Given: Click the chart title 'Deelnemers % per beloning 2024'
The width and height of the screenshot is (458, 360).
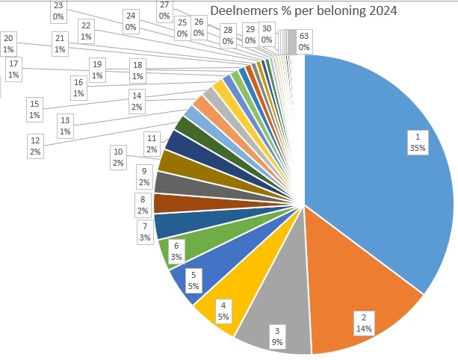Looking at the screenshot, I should pyautogui.click(x=303, y=12).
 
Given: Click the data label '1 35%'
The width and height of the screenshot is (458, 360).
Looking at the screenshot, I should pyautogui.click(x=417, y=141).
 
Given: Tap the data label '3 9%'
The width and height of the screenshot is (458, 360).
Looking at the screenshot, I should pyautogui.click(x=276, y=336).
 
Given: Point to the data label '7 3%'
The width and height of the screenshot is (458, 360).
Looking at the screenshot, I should pyautogui.click(x=144, y=231).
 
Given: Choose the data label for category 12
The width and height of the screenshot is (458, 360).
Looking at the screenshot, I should pyautogui.click(x=35, y=145).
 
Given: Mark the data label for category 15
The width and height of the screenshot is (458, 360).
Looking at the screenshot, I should pyautogui.click(x=34, y=108).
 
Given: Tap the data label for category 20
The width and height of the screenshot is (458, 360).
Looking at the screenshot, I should pyautogui.click(x=9, y=43).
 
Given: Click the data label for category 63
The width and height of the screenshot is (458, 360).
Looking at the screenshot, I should pyautogui.click(x=303, y=40).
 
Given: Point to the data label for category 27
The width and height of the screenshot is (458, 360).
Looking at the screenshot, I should pyautogui.click(x=164, y=10).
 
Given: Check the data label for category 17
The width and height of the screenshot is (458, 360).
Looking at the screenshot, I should pyautogui.click(x=13, y=69).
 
